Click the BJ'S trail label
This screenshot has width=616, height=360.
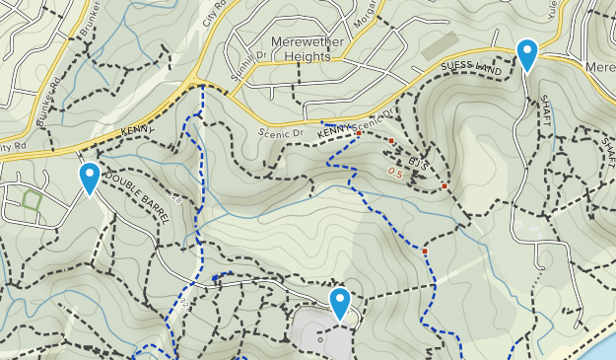(418, 162)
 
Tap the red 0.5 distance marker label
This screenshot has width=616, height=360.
(396, 173)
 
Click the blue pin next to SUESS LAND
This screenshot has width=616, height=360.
(527, 54)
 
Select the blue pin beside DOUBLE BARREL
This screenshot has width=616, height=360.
(90, 179)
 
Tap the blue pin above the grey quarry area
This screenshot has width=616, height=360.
(340, 303)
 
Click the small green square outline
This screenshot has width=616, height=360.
(32, 200)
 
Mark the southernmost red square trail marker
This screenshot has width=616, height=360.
(425, 252)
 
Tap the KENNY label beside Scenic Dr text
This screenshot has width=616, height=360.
(335, 130)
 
